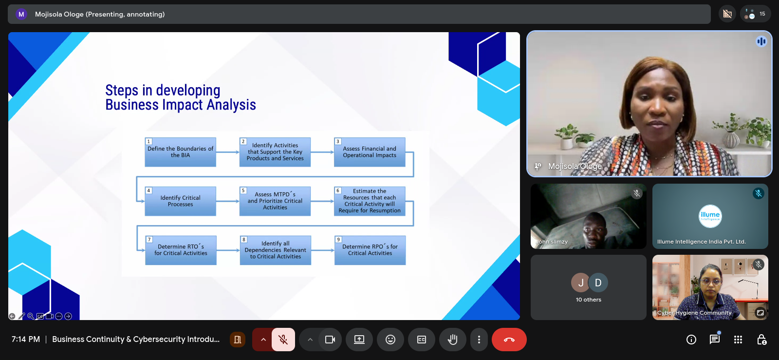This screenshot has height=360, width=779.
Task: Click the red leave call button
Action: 509,340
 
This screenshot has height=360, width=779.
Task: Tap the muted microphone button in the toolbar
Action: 283,340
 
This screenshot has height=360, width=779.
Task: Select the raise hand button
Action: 452,340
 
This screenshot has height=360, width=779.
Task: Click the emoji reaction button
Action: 390,340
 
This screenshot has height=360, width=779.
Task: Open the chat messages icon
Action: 715,339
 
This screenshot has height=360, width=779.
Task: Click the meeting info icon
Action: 691,340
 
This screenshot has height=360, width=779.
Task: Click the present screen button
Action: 359,340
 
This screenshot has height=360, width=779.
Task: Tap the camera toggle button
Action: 330,340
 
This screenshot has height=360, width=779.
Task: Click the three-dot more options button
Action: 479,340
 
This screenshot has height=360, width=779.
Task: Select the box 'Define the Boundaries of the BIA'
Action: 181,152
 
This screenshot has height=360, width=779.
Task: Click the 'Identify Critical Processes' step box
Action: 181,201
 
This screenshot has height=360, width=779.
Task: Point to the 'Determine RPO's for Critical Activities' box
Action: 370,250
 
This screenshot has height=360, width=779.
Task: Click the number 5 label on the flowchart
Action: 243,190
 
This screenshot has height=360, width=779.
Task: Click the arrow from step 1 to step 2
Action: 228,152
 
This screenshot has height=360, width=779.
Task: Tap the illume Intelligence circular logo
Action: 710,216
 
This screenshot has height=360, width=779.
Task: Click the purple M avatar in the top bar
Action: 21,14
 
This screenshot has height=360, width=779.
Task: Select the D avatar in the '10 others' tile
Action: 598,283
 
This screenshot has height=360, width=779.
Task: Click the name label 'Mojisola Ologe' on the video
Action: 575,166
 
